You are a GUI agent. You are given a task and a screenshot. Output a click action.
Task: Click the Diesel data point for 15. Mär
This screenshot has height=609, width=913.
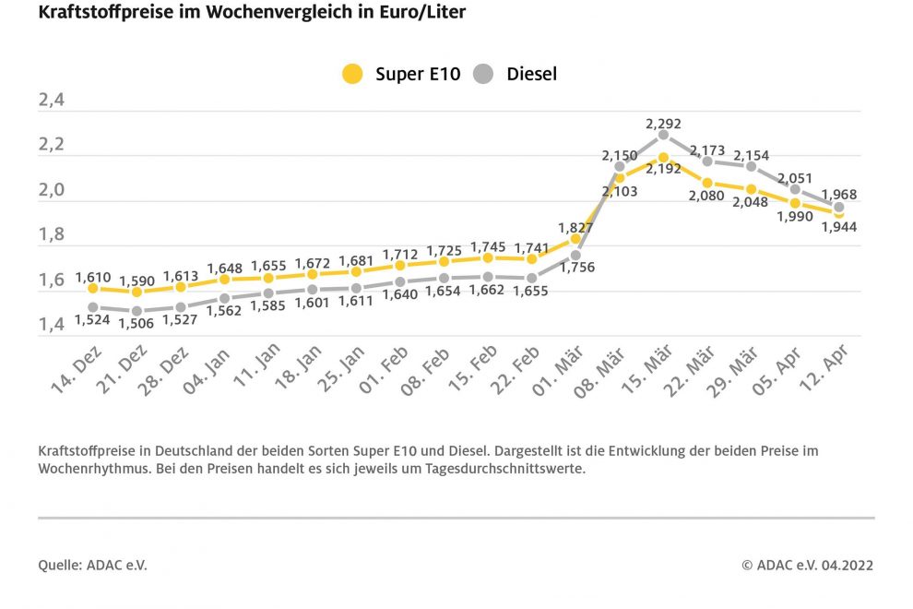pyautogui.click(x=663, y=135)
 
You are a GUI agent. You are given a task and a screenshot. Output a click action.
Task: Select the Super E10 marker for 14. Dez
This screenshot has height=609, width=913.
pyautogui.click(x=93, y=289)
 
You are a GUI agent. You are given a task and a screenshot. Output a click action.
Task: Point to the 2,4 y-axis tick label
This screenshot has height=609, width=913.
pyautogui.click(x=52, y=101)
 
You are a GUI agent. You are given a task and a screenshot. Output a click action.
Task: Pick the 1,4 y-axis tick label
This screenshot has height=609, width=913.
pyautogui.click(x=52, y=325)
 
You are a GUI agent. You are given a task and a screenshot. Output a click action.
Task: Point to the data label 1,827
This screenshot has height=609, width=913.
pyautogui.click(x=575, y=226)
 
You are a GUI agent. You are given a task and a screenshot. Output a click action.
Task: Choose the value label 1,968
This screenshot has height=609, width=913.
pyautogui.click(x=838, y=195)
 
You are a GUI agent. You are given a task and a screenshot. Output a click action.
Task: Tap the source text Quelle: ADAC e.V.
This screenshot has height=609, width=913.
pyautogui.click(x=92, y=566)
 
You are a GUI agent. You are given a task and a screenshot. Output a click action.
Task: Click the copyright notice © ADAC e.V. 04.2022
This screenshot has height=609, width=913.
pyautogui.click(x=807, y=566)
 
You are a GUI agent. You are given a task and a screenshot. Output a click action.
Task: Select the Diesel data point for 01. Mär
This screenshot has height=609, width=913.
pyautogui.click(x=575, y=255)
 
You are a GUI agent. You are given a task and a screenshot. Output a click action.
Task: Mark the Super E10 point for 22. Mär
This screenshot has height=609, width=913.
pyautogui.click(x=706, y=183)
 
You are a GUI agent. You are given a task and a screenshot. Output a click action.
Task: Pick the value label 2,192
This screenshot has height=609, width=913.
pyautogui.click(x=663, y=169)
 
